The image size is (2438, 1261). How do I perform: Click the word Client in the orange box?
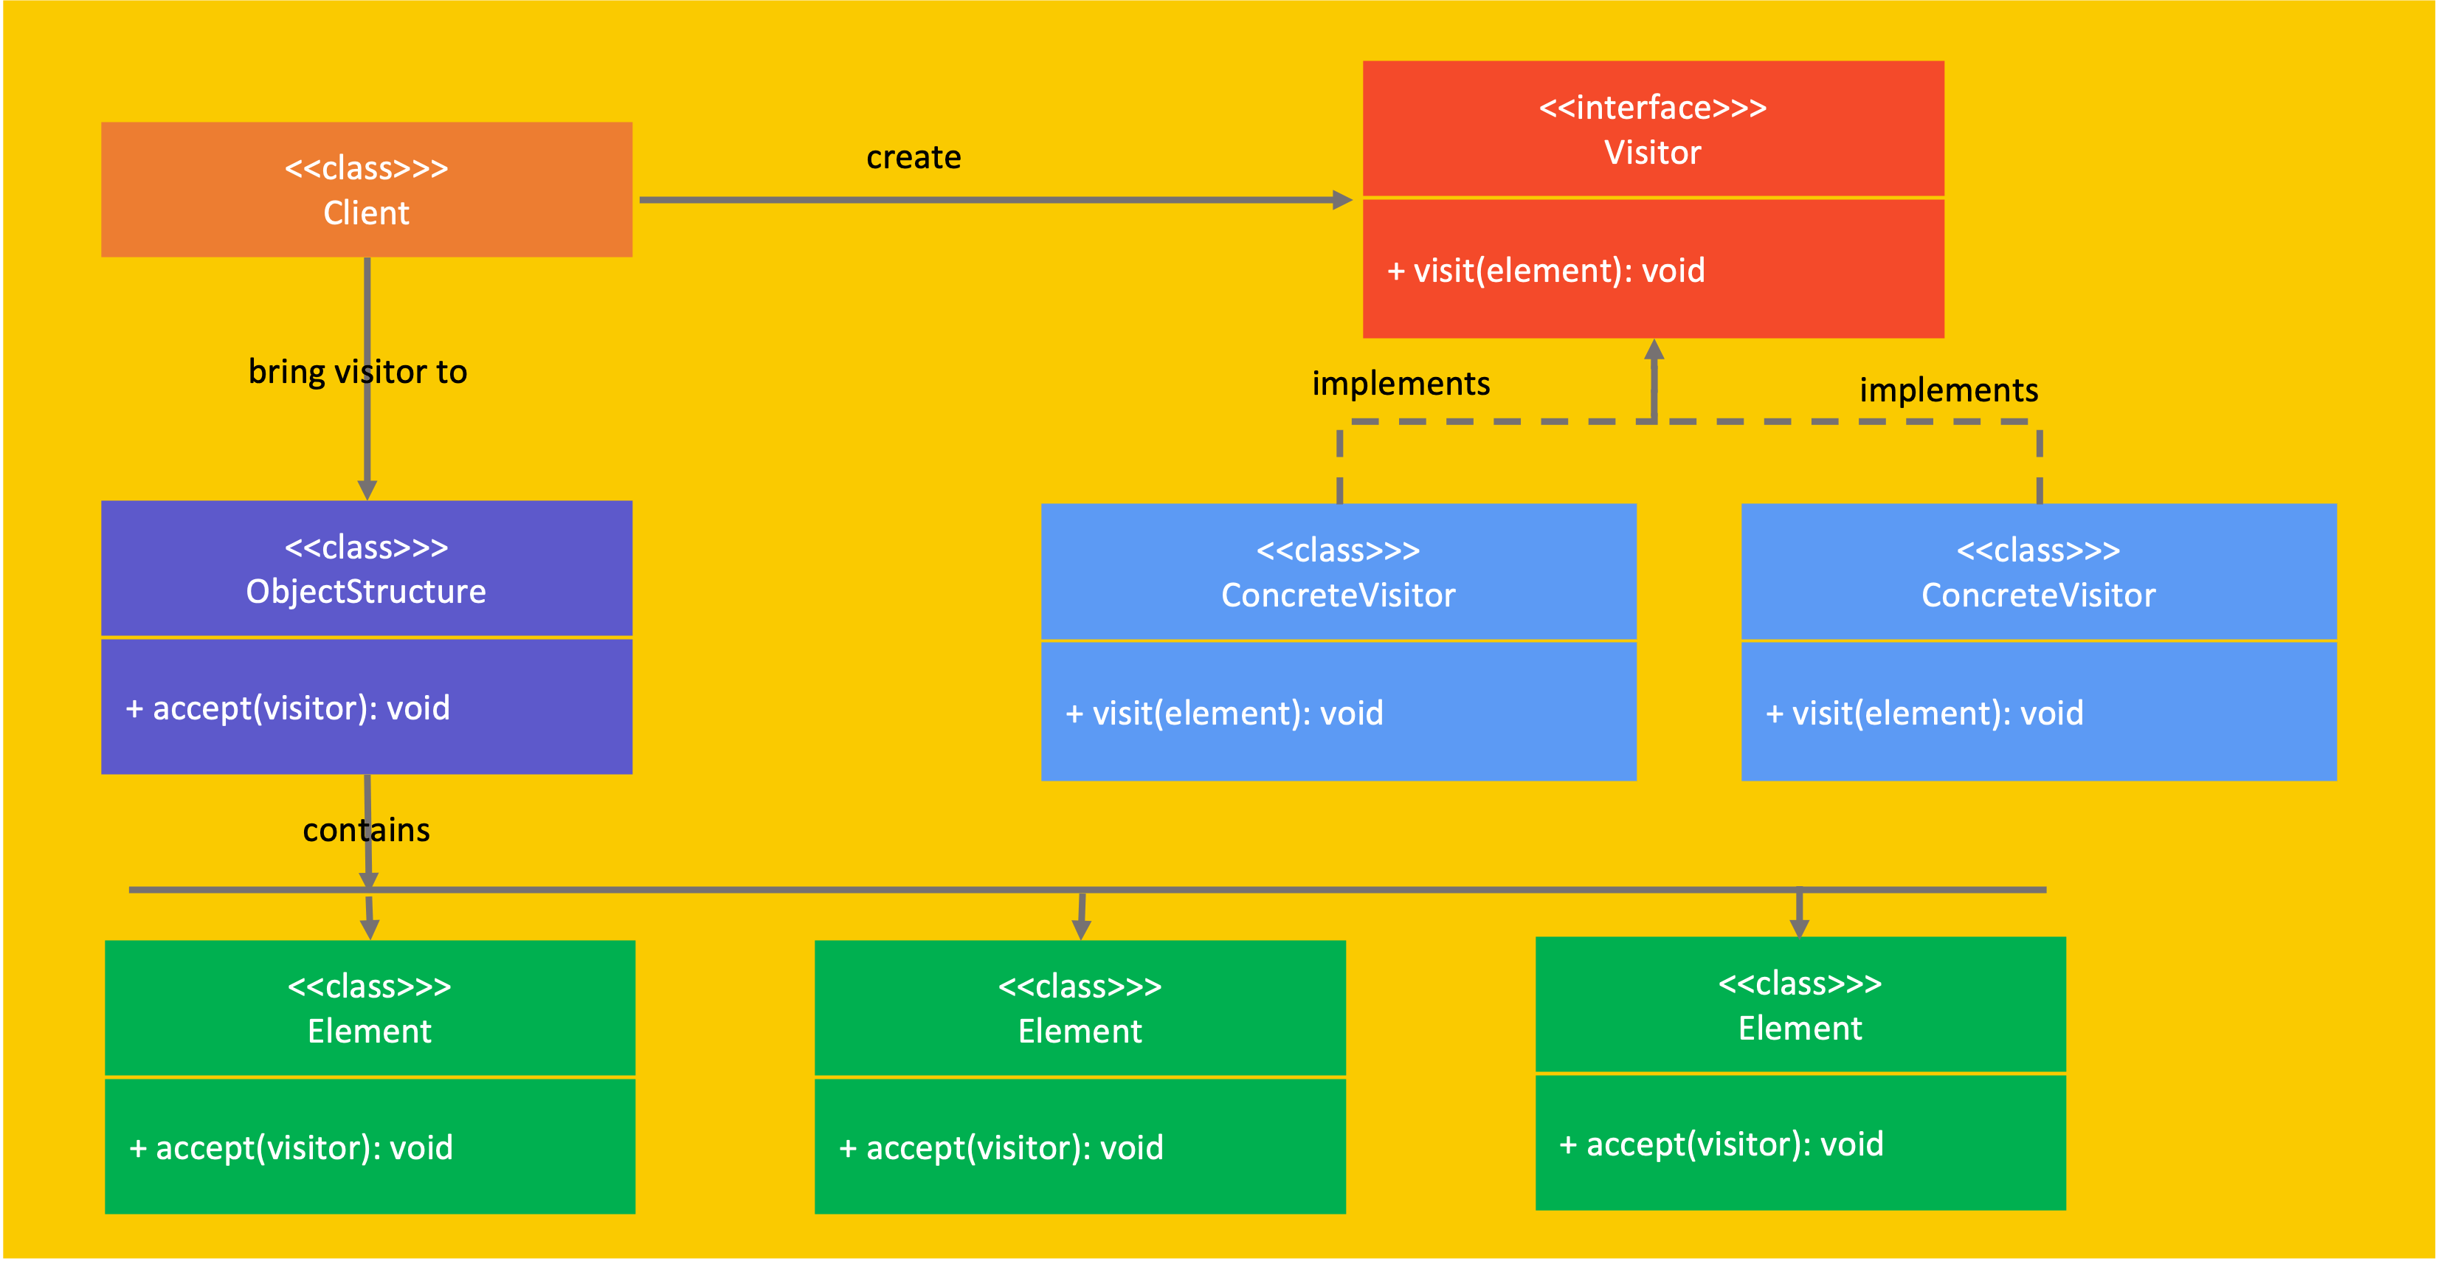click(x=366, y=213)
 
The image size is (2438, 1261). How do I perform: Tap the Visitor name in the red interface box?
click(x=1652, y=153)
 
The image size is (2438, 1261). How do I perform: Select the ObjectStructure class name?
click(x=366, y=592)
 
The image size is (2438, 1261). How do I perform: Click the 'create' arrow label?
click(x=914, y=157)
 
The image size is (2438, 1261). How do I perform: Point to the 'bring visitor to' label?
click(x=357, y=372)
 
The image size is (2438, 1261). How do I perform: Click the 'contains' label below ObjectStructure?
click(x=366, y=830)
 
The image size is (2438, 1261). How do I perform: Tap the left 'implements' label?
click(x=1401, y=384)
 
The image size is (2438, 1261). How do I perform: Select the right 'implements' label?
click(x=1949, y=390)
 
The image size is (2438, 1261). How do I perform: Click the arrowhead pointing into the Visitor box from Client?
click(x=1342, y=200)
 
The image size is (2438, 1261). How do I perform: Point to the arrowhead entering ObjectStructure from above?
click(x=367, y=489)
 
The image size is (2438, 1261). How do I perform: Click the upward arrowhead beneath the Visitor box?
click(x=1654, y=349)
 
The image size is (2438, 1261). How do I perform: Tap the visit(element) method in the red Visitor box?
click(x=1545, y=271)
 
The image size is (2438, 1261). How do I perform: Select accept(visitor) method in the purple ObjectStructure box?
click(x=288, y=708)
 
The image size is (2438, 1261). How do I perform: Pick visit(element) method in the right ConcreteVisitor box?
click(x=1924, y=713)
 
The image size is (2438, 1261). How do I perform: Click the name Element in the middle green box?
click(x=1080, y=1031)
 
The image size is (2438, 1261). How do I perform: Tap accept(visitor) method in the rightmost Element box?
click(x=1721, y=1144)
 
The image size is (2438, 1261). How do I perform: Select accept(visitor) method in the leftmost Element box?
click(x=291, y=1147)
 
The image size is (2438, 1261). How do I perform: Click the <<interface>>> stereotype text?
click(x=1652, y=108)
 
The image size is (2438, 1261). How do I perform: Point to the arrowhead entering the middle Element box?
click(x=1081, y=930)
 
